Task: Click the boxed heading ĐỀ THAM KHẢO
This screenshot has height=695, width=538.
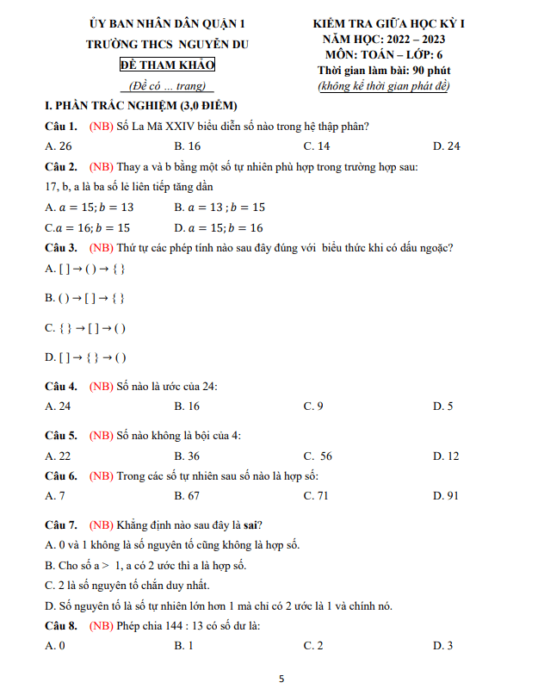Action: [x=167, y=65]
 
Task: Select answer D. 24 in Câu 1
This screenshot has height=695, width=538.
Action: [x=446, y=146]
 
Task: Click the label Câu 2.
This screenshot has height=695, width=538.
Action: [x=61, y=166]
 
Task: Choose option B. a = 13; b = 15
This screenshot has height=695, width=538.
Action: [x=219, y=207]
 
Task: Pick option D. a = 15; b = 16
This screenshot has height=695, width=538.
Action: [x=219, y=227]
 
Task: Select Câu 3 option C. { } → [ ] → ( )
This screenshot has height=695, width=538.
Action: [x=85, y=327]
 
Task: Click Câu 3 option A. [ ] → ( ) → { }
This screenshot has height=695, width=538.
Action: [x=85, y=269]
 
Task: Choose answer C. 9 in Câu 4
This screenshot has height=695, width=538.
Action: [x=313, y=406]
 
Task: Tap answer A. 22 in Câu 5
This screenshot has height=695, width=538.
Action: [x=58, y=456]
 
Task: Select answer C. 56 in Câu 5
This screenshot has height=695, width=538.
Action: [x=318, y=456]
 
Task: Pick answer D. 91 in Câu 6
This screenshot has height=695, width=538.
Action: [x=446, y=495]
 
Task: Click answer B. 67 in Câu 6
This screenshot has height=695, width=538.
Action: [x=187, y=495]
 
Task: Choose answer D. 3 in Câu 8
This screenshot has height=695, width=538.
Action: [x=442, y=645]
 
